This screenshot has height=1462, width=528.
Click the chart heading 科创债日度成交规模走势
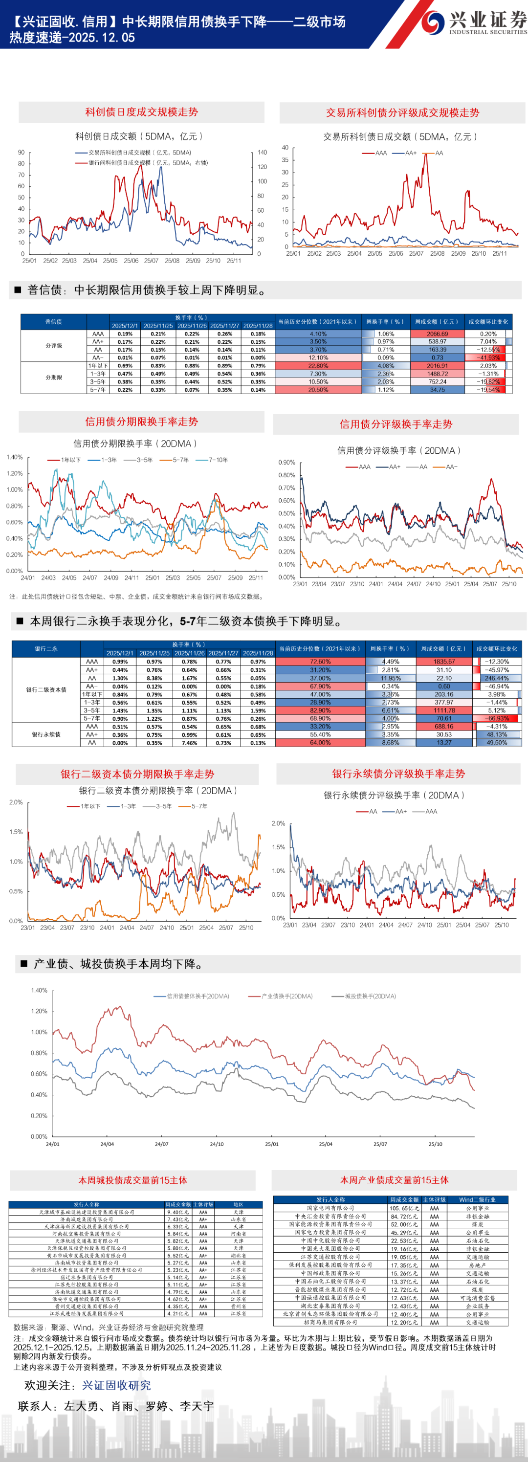tap(141, 112)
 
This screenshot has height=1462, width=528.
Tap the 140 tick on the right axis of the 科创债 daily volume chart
tap(262, 153)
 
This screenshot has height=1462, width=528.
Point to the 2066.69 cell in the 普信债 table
tap(437, 333)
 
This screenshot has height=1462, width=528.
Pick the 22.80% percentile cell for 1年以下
tap(318, 366)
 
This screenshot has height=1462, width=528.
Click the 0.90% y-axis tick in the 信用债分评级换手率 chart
tap(286, 463)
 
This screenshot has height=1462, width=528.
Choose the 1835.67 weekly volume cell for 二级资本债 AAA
tap(444, 662)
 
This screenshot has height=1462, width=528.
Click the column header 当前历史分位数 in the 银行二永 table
tap(320, 649)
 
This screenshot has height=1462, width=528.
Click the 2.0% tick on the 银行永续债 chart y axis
tap(278, 823)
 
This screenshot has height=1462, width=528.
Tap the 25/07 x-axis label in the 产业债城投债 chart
tap(380, 1144)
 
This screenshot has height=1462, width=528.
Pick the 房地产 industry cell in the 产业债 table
tap(475, 1265)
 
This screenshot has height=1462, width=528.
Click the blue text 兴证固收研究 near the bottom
tap(116, 1385)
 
